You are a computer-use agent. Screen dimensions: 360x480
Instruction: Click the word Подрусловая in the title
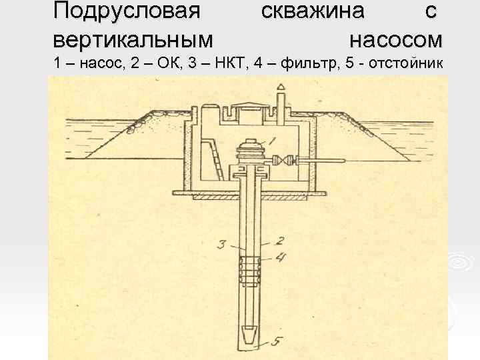click(126, 11)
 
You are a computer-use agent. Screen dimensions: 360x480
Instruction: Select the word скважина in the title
click(313, 11)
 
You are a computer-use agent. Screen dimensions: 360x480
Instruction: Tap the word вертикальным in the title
click(134, 39)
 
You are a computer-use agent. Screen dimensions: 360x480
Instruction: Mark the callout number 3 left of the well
click(221, 245)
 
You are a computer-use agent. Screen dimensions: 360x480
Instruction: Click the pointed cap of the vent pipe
click(281, 87)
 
